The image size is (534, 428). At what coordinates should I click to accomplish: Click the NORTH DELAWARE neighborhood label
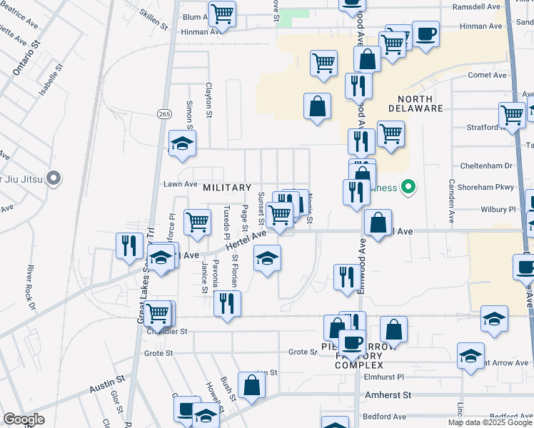pos(415,103)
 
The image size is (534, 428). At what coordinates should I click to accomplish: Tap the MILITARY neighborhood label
pos(228,187)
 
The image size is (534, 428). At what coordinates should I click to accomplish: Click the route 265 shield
pos(164,113)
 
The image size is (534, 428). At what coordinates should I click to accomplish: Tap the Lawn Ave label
pos(181,183)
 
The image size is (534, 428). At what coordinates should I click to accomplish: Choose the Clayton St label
pos(209,100)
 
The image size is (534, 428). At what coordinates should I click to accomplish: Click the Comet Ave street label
pos(487,75)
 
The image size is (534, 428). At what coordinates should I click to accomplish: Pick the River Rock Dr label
pos(31,287)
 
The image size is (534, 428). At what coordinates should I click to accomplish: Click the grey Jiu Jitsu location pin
pos(53,178)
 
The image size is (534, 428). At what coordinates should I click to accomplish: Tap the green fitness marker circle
pos(408,188)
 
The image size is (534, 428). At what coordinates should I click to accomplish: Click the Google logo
pos(23,419)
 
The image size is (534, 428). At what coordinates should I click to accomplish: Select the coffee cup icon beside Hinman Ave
pos(426,34)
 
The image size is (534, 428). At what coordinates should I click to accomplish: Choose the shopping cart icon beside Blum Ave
pos(223,13)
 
